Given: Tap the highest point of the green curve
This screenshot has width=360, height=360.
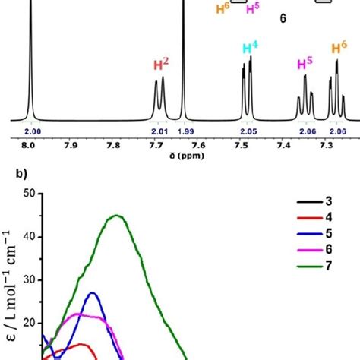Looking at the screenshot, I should (x=117, y=215).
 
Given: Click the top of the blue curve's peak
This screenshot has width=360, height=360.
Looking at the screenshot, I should (x=93, y=292).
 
